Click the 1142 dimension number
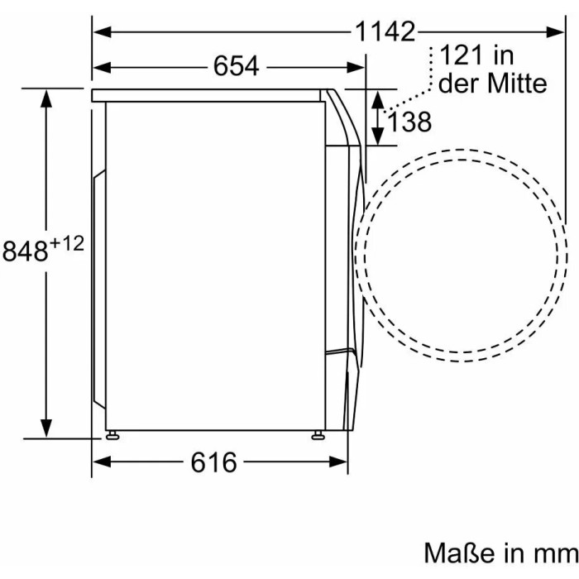385,31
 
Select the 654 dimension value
236,66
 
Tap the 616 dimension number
213,462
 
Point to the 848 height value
25,251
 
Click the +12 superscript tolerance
67,243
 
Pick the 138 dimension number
409,122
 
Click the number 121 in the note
461,55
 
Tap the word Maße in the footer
459,553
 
